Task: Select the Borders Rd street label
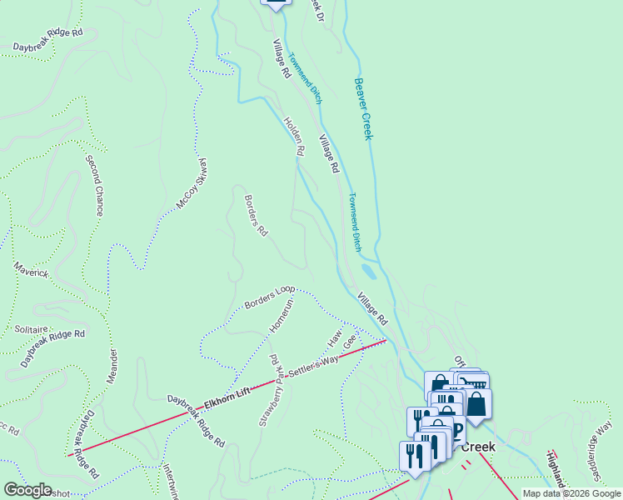click(255, 215)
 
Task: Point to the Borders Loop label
click(270, 297)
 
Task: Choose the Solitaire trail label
click(31, 329)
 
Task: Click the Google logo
click(27, 490)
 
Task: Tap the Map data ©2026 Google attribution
click(571, 493)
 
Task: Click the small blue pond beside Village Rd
click(367, 272)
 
